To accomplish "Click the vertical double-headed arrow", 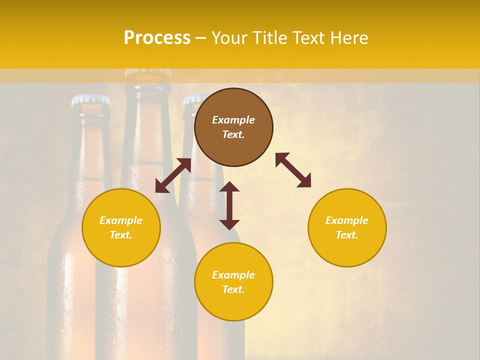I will (x=229, y=205).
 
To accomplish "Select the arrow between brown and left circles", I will (x=173, y=175).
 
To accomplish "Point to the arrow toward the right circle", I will (x=293, y=170).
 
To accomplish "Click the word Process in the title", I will (x=157, y=37).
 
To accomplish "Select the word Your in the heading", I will (x=228, y=38).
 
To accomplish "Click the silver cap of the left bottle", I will (x=91, y=100).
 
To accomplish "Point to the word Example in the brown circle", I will (x=233, y=120).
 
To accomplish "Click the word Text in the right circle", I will (x=347, y=235).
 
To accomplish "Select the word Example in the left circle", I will (x=121, y=220).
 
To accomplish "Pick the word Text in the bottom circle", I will (x=233, y=289).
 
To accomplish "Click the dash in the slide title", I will (x=201, y=38).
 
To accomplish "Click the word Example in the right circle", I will (x=347, y=220).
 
